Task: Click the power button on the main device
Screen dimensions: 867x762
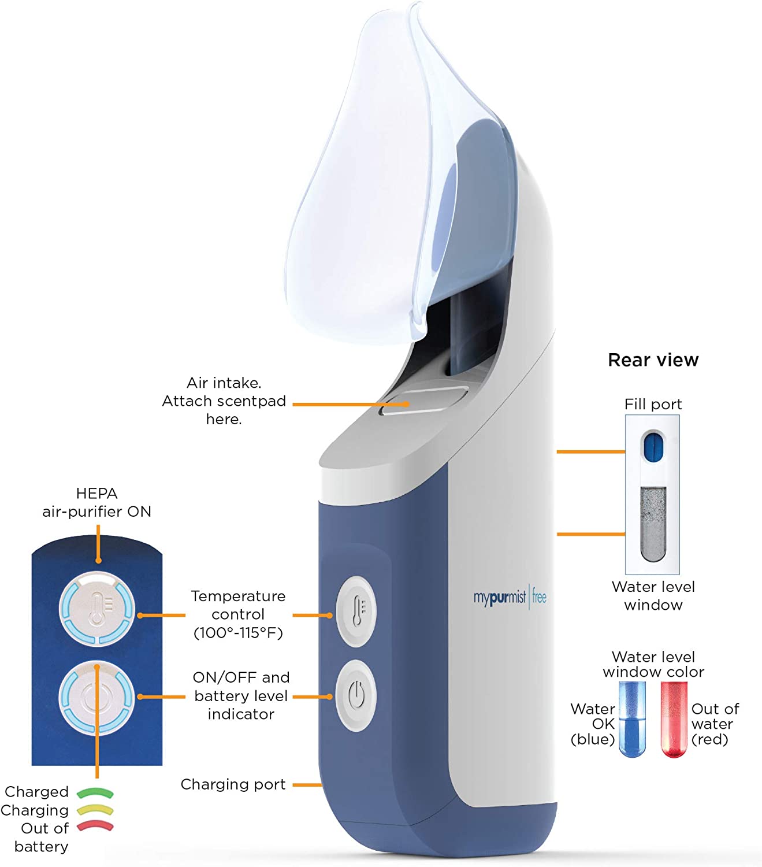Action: pyautogui.click(x=356, y=695)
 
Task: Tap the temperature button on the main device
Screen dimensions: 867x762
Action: pyautogui.click(x=356, y=611)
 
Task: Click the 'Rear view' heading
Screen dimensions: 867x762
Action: pyautogui.click(x=653, y=360)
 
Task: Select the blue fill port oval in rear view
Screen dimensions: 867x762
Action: pyautogui.click(x=652, y=446)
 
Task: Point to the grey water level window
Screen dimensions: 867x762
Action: pyautogui.click(x=653, y=524)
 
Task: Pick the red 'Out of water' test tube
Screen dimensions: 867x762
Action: pyautogui.click(x=674, y=719)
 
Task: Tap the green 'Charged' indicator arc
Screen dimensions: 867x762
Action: pyautogui.click(x=95, y=792)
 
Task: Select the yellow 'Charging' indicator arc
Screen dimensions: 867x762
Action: pyautogui.click(x=95, y=810)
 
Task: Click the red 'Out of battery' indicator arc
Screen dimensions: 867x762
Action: pyautogui.click(x=95, y=827)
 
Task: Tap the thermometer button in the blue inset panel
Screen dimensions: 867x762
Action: pyautogui.click(x=97, y=609)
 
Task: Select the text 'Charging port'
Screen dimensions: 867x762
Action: pyautogui.click(x=233, y=784)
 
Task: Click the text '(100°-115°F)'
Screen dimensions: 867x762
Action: pyautogui.click(x=238, y=633)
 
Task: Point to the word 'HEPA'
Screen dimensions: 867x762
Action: pyautogui.click(x=96, y=493)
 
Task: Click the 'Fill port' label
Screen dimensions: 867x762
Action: pyautogui.click(x=653, y=404)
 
